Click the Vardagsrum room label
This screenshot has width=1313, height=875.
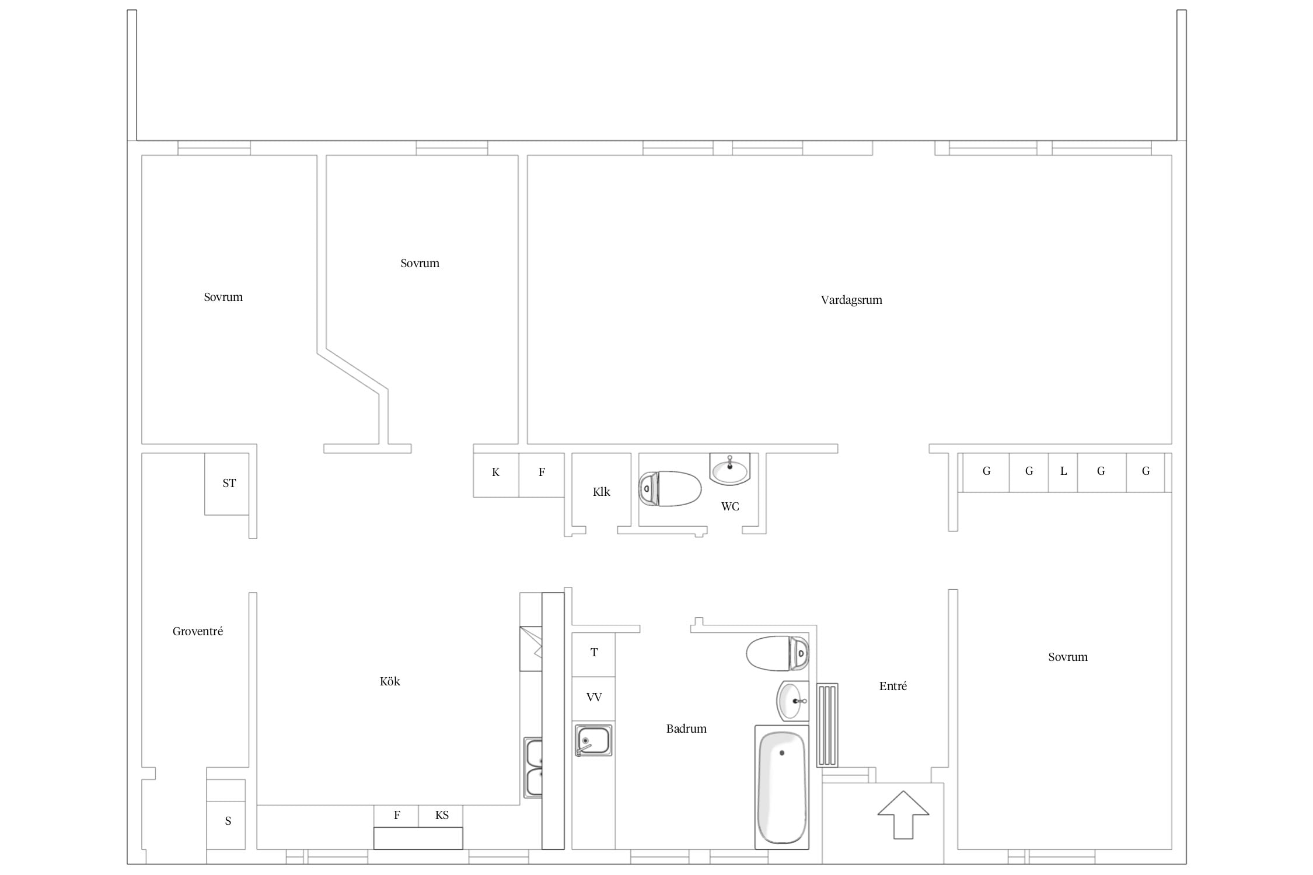(x=851, y=300)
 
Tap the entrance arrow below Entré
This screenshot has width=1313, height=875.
(x=903, y=815)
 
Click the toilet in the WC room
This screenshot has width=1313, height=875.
(x=670, y=488)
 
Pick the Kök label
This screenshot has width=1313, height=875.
(x=390, y=681)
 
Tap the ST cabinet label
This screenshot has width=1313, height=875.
(x=229, y=483)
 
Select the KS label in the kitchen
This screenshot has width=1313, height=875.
(x=442, y=815)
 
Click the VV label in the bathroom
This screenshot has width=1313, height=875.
(x=594, y=697)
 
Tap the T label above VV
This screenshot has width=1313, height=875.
(x=594, y=652)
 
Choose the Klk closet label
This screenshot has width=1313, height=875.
(x=601, y=492)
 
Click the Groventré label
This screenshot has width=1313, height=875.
(x=198, y=631)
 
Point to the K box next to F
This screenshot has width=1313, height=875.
(x=496, y=475)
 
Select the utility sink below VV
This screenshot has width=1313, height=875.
(x=593, y=740)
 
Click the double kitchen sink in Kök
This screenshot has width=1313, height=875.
(x=533, y=768)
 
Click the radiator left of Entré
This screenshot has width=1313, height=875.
(x=827, y=725)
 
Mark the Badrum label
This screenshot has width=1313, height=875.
(x=686, y=729)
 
